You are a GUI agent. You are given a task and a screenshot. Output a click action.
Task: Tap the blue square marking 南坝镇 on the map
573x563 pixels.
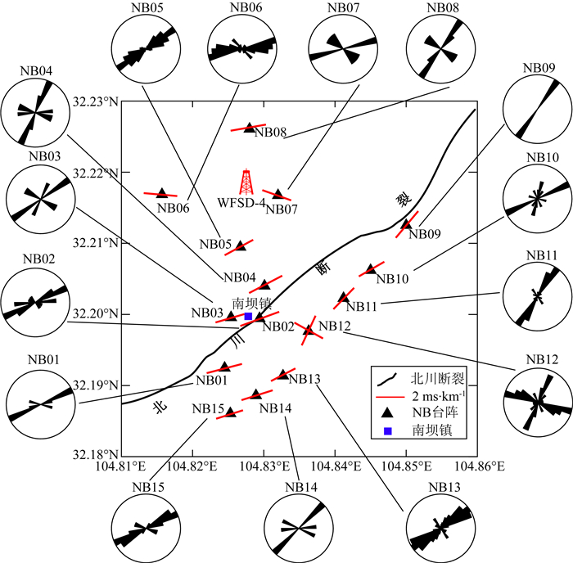tap(248, 316)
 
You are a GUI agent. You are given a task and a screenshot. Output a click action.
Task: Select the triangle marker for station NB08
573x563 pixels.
tap(250, 128)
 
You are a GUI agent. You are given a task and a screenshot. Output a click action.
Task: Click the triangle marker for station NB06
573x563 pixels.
tap(161, 193)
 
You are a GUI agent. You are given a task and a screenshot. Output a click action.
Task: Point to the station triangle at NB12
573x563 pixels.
tap(309, 330)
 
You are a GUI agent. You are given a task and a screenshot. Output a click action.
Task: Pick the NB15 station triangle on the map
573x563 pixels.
tap(231, 413)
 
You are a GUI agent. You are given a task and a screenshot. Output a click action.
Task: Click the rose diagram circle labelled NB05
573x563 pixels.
tap(144, 50)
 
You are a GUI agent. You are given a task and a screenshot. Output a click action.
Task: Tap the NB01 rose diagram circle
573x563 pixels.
tap(39, 404)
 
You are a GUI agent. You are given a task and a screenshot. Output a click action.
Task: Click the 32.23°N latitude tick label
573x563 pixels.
tap(96, 102)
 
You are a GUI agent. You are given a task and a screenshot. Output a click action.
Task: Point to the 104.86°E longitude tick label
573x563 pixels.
tap(477, 466)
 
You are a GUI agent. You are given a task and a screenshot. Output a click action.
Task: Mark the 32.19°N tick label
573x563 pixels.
tap(96, 385)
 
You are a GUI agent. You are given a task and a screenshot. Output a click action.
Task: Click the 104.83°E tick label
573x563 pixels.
tap(264, 466)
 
